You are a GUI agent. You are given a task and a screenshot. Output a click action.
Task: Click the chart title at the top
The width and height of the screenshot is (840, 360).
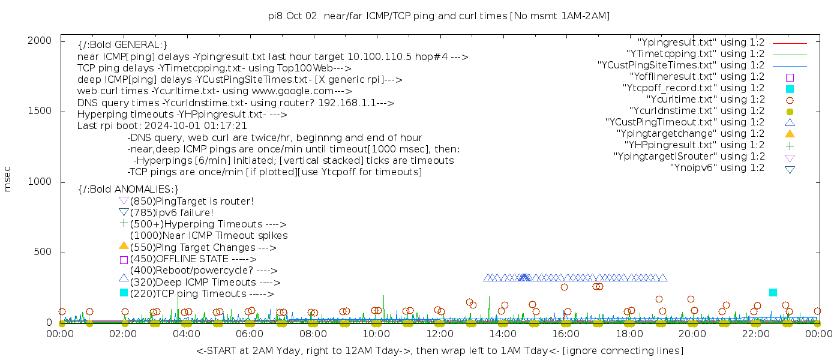point(439,16)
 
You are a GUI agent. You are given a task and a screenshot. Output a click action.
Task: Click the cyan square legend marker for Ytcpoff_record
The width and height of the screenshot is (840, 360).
point(790,88)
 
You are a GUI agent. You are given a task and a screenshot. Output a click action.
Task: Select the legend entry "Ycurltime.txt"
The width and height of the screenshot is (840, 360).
point(705,100)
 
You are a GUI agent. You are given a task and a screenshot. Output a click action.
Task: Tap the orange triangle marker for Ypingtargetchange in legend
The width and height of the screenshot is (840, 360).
point(790,133)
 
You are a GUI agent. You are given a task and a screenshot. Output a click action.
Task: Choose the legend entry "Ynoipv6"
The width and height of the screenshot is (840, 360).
point(717,168)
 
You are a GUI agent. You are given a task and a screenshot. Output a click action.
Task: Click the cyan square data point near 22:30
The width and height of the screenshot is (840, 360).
point(773,292)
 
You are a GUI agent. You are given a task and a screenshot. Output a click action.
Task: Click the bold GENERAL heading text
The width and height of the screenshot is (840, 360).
point(122,45)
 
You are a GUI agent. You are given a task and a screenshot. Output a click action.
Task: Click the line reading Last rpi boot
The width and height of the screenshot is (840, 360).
point(162,126)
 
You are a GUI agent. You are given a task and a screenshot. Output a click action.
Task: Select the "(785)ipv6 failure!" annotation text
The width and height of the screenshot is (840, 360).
point(172,213)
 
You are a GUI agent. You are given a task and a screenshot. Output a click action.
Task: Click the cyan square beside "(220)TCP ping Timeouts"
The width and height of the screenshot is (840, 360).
point(124,292)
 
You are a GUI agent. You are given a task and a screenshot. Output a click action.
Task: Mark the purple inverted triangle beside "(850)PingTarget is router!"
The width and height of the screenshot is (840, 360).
point(124,200)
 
